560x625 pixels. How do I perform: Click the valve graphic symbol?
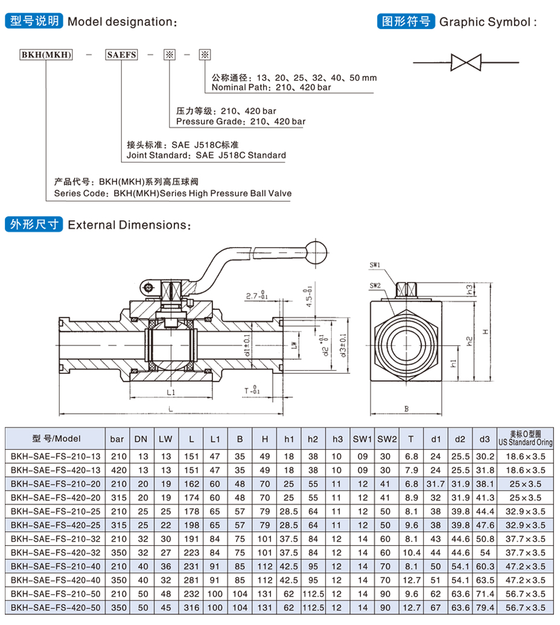466,62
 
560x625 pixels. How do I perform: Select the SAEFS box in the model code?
121,55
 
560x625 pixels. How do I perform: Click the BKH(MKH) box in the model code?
46,55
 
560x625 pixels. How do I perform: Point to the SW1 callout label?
375,265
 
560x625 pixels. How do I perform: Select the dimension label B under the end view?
406,409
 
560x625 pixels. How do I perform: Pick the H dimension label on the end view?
485,332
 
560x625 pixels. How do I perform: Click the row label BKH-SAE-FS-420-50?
56,607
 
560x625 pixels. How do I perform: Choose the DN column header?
141,438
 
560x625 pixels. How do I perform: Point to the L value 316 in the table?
191,607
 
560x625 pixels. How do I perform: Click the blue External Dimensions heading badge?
33,225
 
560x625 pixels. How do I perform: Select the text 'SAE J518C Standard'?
240,155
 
